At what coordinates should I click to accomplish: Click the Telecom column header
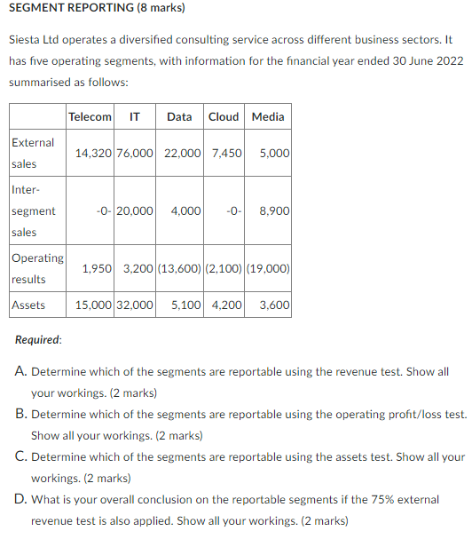tap(90, 117)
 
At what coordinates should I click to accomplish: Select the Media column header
tap(268, 117)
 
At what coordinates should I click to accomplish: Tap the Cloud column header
tap(224, 117)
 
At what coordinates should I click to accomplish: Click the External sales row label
tap(33, 153)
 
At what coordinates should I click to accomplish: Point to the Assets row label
tap(28, 305)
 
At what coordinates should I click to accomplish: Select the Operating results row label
tap(36, 268)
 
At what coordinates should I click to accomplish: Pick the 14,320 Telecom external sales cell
tap(93, 154)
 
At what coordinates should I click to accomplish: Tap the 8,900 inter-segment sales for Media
tap(274, 211)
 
